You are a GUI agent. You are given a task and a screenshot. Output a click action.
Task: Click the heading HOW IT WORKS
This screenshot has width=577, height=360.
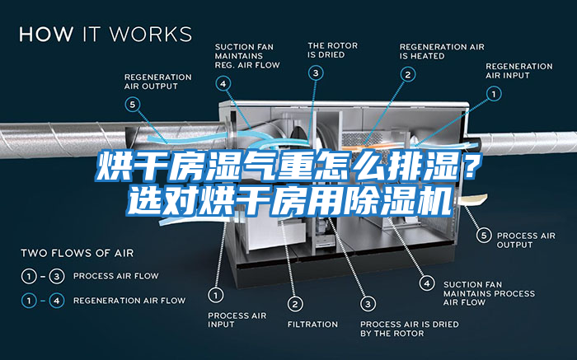click(105, 35)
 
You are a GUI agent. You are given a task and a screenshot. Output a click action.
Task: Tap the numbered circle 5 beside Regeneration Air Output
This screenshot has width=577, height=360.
click(133, 104)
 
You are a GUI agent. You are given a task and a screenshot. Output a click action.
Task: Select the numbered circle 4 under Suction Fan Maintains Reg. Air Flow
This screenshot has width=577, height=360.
click(223, 82)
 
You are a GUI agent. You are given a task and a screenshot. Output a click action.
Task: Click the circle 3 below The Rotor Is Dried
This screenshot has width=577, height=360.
click(316, 72)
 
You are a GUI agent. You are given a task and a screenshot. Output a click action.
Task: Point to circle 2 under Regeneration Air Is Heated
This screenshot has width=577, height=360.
click(406, 73)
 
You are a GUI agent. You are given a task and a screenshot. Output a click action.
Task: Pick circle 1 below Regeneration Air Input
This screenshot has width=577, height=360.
click(494, 95)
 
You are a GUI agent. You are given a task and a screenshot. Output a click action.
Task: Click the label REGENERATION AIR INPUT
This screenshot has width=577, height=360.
click(518, 70)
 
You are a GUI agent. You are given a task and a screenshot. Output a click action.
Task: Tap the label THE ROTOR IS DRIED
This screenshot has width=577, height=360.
click(332, 50)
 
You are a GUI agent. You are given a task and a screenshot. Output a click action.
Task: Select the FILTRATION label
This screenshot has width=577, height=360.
click(312, 324)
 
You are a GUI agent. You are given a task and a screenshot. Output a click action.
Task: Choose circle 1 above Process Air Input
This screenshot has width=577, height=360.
click(215, 293)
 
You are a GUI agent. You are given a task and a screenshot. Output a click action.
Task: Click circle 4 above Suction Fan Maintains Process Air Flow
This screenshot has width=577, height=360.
click(427, 283)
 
